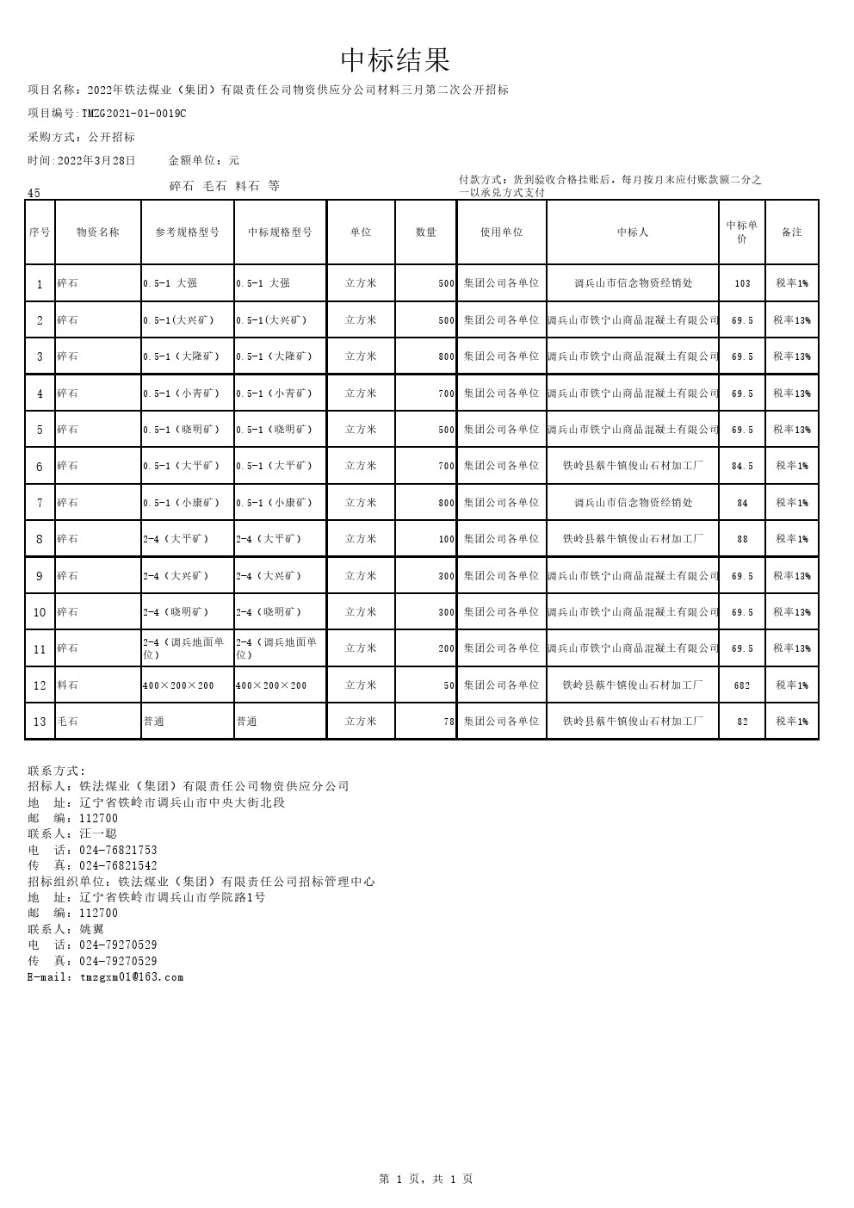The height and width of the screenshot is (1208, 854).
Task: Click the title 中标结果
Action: click(x=395, y=60)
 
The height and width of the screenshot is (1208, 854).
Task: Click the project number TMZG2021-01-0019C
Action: click(x=133, y=114)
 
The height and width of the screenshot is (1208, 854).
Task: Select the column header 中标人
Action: click(x=633, y=232)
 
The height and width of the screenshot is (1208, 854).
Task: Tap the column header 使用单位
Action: click(x=501, y=232)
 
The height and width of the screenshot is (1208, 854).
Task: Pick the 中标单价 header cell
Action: click(x=742, y=232)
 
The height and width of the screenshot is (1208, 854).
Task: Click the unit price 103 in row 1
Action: click(x=742, y=283)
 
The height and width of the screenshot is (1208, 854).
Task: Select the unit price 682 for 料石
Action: click(x=742, y=686)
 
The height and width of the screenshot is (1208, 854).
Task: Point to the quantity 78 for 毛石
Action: click(x=449, y=722)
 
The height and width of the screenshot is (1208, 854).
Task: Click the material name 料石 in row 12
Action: click(x=67, y=686)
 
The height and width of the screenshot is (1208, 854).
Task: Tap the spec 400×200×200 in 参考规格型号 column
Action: click(x=178, y=686)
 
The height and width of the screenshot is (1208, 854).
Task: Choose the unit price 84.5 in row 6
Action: click(x=742, y=467)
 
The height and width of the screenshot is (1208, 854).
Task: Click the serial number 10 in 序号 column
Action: click(x=40, y=613)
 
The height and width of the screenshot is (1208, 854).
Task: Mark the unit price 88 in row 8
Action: click(x=742, y=540)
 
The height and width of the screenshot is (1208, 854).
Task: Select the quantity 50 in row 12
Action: click(x=449, y=686)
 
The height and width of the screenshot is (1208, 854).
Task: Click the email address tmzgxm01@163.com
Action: click(x=132, y=977)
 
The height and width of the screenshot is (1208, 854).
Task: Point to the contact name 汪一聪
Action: click(x=98, y=834)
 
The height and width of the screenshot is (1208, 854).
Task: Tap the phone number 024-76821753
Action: click(x=118, y=851)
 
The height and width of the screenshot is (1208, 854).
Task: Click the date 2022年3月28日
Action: click(x=96, y=161)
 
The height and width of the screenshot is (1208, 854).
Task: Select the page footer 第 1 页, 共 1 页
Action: click(x=426, y=1180)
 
